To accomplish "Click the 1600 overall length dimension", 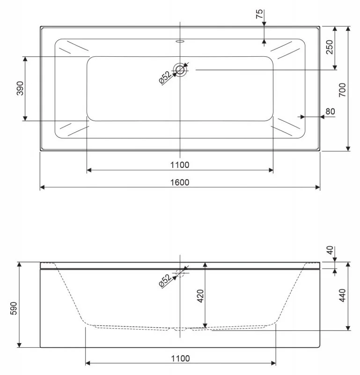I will click(x=180, y=182).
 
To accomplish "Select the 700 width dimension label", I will click(x=342, y=89).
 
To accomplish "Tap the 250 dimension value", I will click(x=330, y=47).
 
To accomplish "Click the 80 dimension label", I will click(x=330, y=112).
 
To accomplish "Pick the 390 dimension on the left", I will click(x=20, y=88).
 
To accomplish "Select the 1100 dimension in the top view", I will click(x=180, y=165).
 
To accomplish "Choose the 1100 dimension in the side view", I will click(x=180, y=359).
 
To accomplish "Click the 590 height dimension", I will click(x=14, y=305).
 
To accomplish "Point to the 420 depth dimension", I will click(x=199, y=296).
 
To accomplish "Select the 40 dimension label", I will click(x=330, y=251).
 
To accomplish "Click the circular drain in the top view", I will click(x=180, y=70).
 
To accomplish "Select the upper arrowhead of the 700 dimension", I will click(x=348, y=29).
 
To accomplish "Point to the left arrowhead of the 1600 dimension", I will click(x=43, y=187).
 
